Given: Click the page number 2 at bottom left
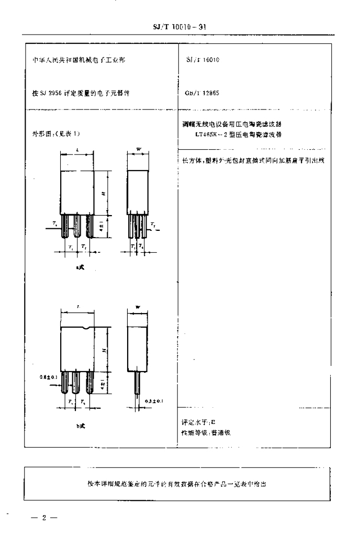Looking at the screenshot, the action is [x=45, y=518].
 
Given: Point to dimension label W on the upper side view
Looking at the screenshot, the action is [x=138, y=150].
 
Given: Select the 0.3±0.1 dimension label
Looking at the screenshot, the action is [x=155, y=401].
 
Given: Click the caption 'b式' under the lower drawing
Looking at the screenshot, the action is [x=77, y=427].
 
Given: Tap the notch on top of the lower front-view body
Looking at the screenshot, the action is [x=85, y=328].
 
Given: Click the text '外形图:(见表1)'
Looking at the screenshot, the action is [x=59, y=133].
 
